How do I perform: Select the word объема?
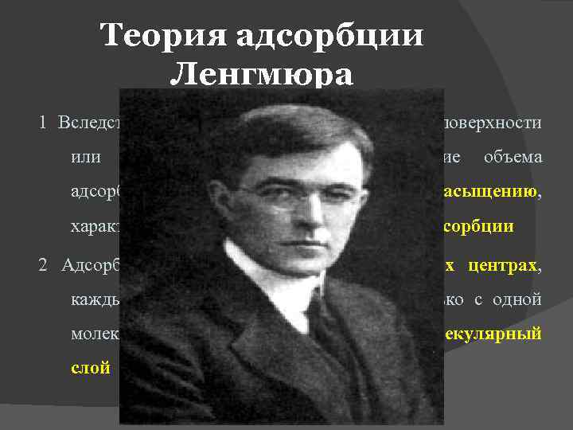click(513, 157)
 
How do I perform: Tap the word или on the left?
click(85, 157)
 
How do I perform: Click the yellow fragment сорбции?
click(478, 226)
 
